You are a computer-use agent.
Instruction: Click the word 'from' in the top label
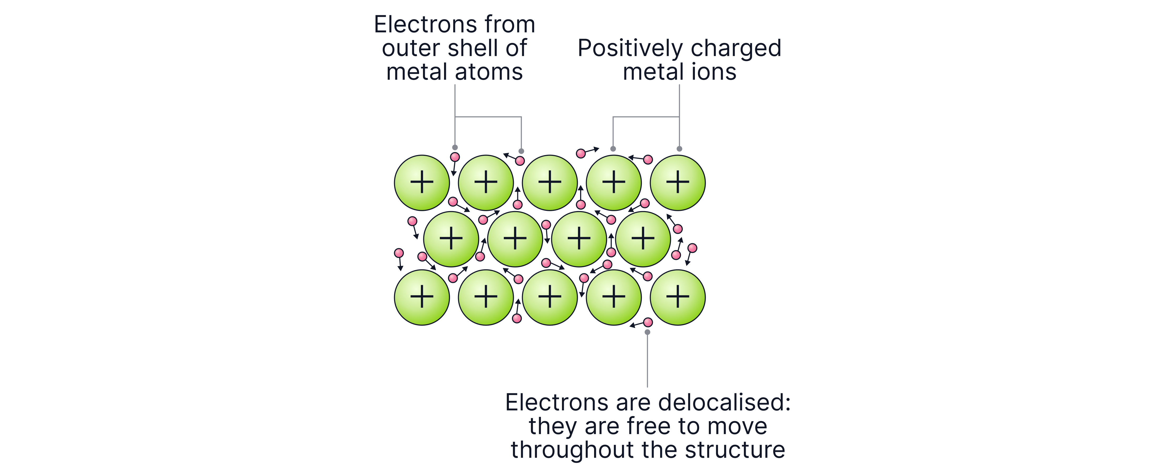510,24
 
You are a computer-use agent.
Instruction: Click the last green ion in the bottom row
678,297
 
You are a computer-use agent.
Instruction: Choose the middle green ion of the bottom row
550,297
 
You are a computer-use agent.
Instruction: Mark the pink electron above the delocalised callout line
648,322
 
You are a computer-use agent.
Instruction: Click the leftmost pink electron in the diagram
399,253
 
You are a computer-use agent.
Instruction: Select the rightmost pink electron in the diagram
692,248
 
